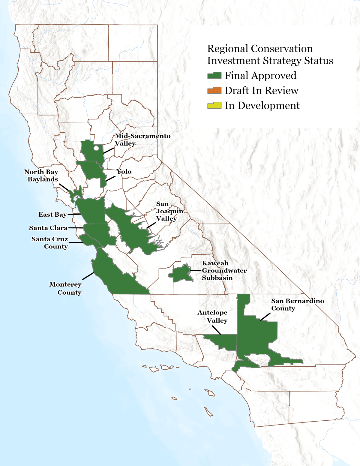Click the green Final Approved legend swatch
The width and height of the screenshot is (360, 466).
pos(214,75)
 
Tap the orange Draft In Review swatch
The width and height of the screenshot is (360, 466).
pos(214,90)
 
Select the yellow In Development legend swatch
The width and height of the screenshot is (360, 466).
pos(214,105)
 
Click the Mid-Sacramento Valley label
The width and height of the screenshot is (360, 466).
pos(142,140)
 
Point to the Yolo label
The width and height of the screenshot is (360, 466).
pos(124,171)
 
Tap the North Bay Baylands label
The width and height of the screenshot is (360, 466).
pos(41,176)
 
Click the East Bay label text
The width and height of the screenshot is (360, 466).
pos(52,214)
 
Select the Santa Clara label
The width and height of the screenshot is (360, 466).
pos(48,228)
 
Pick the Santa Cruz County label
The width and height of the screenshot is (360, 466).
pos(50,243)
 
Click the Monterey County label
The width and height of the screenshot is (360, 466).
pos(65,288)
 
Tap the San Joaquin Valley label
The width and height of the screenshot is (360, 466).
pos(169,211)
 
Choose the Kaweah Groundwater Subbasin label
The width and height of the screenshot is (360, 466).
pos(224,270)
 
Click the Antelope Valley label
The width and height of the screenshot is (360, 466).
pos(213,316)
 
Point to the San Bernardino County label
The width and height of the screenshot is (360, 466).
pos(297,304)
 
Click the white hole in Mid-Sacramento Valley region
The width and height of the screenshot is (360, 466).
pos(96,148)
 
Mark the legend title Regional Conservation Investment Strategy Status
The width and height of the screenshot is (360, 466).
pos(270,54)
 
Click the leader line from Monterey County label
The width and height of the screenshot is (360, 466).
pos(88,276)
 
